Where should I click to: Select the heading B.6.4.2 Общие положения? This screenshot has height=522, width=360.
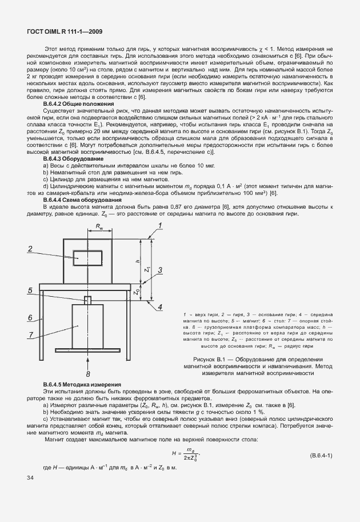coord(78,105)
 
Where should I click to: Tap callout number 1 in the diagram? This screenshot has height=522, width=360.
coord(161,225)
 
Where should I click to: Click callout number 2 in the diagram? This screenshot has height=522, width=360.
coord(28,248)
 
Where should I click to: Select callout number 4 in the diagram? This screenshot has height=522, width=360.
coord(160,307)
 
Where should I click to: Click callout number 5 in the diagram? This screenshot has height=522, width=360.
coord(28,290)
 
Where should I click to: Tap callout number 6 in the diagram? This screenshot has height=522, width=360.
coord(28,316)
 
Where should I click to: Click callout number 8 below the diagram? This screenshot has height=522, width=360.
coord(87,358)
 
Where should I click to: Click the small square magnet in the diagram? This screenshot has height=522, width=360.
coord(87,300)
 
